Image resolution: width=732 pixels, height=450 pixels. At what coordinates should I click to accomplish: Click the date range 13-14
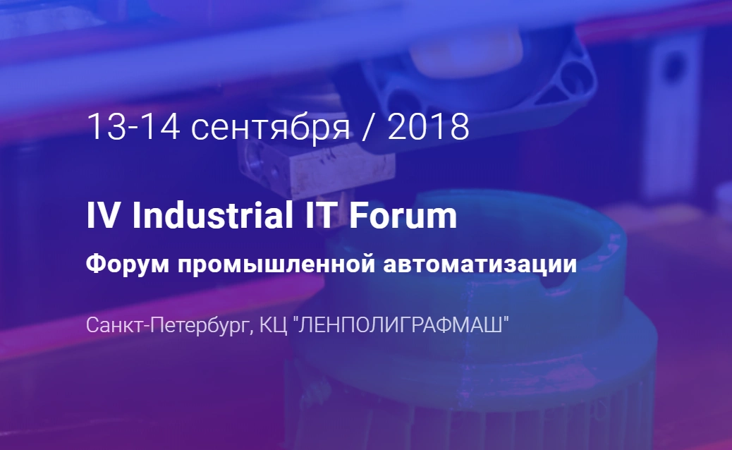(x=133, y=126)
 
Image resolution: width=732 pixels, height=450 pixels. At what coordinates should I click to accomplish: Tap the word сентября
(x=270, y=128)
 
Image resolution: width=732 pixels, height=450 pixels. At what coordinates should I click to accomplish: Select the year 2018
(x=428, y=126)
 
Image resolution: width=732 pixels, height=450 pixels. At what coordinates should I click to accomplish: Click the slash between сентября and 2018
(x=368, y=127)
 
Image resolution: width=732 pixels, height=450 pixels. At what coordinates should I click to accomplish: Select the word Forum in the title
(x=403, y=216)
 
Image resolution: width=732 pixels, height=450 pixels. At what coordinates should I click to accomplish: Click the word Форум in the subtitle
(x=128, y=264)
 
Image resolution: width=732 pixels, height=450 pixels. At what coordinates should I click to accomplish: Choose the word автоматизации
(x=480, y=264)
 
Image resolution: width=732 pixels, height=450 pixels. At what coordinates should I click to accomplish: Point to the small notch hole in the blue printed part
(x=556, y=279)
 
